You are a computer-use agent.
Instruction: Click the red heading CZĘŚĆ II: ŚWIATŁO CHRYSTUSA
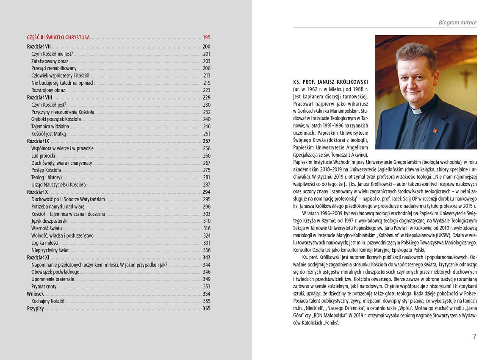58,37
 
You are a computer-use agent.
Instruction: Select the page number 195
206,37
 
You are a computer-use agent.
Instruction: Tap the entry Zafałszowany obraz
50,61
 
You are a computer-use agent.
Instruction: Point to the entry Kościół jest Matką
48,134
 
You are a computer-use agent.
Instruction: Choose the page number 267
206,163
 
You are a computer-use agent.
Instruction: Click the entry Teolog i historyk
47,177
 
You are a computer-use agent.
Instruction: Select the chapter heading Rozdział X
37,192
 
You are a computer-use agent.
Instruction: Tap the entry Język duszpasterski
49,221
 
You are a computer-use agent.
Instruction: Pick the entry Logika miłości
44,243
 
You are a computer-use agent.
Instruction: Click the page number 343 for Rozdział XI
206,258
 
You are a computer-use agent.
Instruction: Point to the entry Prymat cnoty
44,287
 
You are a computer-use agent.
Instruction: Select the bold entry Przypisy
35,308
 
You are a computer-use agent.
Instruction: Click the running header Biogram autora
457,22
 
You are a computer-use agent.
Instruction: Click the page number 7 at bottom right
474,337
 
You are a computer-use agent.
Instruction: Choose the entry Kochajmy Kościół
48,301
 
